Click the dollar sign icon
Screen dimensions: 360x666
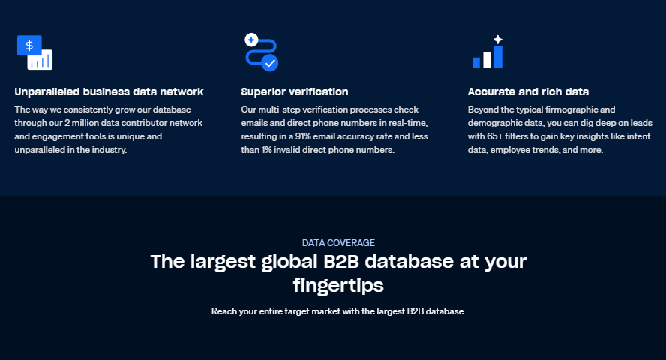pos(29,45)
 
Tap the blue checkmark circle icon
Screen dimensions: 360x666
pos(270,63)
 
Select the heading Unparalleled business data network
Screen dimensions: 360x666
pos(109,91)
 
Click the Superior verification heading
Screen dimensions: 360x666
pos(295,91)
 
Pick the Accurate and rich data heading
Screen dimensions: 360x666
pos(528,91)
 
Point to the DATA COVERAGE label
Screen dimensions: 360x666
pos(338,243)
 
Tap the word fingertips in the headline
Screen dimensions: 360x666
pos(338,285)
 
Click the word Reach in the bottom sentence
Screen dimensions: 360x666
pos(223,311)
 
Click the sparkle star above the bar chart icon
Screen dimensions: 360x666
pos(497,40)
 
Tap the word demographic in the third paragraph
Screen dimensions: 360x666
pos(492,123)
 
